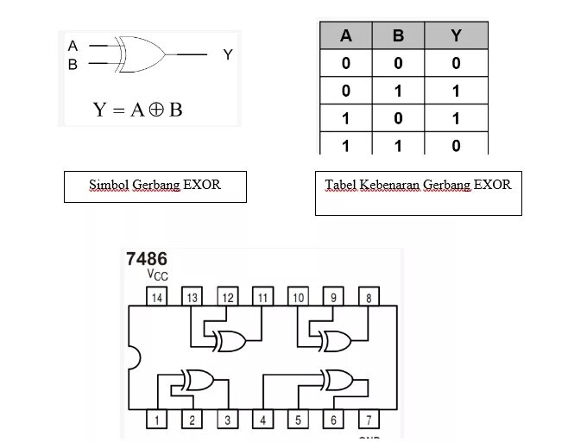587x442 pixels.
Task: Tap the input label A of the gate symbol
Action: coord(73,45)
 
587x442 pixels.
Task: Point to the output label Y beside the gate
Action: coord(228,54)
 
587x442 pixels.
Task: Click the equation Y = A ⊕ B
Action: coord(138,110)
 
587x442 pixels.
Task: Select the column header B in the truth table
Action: coord(398,36)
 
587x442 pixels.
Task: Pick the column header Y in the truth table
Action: coord(456,36)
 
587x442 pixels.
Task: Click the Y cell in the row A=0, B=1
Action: coord(456,91)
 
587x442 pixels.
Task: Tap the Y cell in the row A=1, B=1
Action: coord(456,146)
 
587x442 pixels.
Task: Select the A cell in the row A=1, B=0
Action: coord(346,118)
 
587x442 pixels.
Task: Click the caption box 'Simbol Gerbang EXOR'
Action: coord(155,186)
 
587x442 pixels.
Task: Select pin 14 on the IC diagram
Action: coord(157,298)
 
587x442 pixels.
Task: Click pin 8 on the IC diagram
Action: coord(369,298)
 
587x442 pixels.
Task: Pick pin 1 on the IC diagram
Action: coord(157,420)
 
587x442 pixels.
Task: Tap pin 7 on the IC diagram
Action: coord(369,420)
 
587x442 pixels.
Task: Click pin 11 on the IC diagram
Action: coord(262,298)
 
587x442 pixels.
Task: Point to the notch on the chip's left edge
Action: coord(134,357)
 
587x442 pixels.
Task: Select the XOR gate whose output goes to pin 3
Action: coord(198,380)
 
